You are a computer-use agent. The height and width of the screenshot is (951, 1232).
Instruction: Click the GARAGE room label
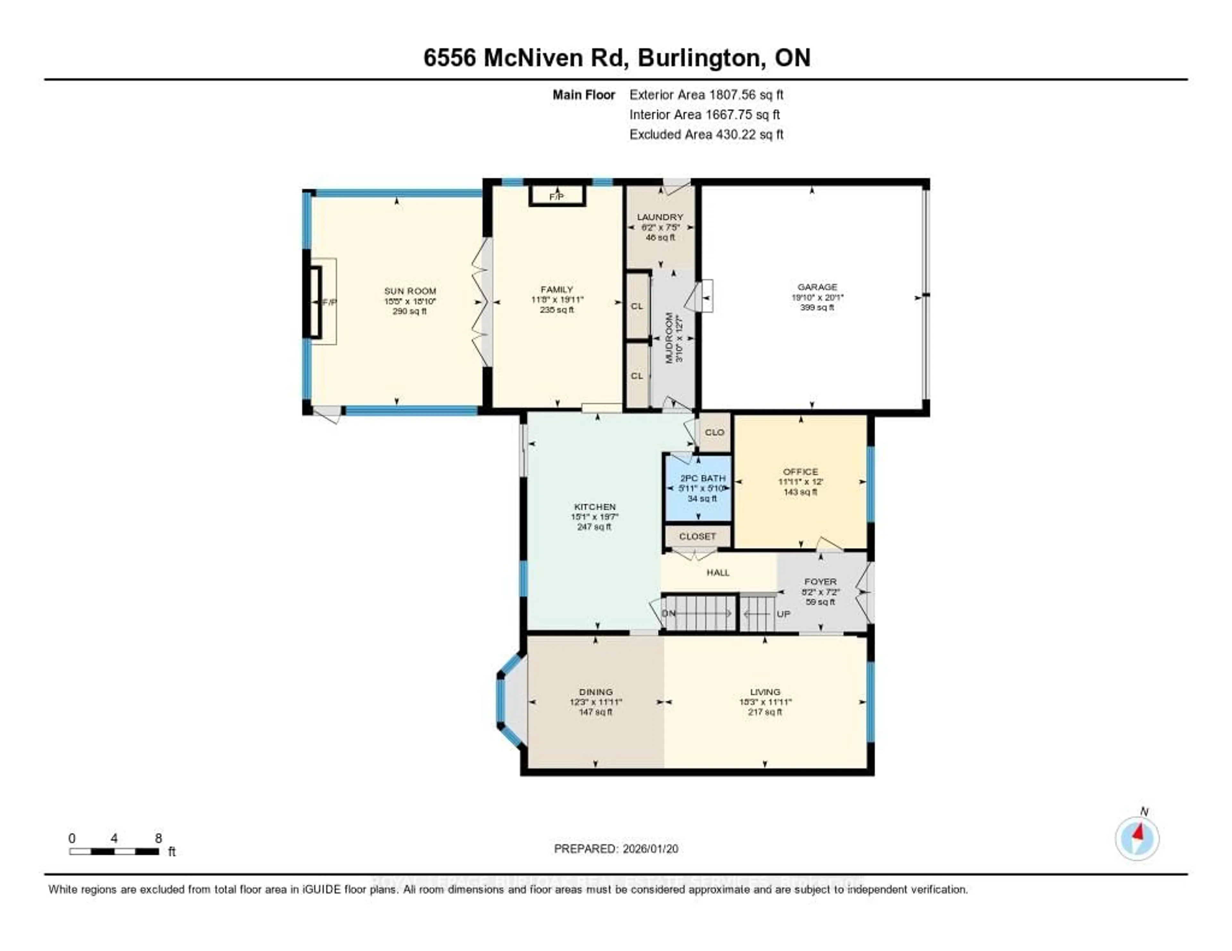817,287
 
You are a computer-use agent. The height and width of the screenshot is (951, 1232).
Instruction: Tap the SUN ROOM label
410,291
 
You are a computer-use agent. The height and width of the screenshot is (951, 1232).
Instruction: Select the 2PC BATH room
698,488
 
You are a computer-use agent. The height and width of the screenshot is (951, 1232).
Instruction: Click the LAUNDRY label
660,217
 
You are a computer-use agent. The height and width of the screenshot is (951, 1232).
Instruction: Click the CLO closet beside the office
714,433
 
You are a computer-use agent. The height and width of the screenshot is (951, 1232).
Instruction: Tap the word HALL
718,573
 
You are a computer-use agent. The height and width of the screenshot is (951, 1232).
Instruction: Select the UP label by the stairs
783,614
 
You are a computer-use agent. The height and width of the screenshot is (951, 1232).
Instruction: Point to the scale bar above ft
114,851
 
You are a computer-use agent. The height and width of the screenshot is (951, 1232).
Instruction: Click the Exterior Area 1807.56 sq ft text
706,95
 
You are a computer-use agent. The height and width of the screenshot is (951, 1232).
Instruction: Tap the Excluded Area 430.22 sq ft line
706,134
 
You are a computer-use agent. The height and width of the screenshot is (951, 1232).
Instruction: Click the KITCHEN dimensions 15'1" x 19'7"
595,517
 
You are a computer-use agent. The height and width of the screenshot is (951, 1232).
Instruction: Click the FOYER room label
820,581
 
